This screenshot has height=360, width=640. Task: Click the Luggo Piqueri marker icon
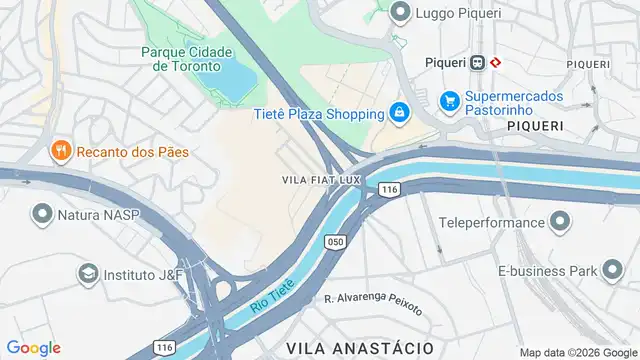point(401,13)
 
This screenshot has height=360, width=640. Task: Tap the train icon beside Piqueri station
point(478,61)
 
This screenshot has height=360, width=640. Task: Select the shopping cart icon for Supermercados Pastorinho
point(449,102)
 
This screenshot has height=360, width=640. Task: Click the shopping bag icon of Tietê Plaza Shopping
point(399,112)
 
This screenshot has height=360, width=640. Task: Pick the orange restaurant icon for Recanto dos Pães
point(61,151)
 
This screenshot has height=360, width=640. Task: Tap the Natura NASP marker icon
point(42,214)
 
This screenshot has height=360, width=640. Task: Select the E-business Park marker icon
point(611,269)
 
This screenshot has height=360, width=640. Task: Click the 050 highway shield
point(335,241)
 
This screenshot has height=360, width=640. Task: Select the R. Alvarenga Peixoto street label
point(373,304)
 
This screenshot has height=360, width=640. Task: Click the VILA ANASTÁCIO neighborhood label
point(359,346)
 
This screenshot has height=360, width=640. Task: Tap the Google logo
point(33,347)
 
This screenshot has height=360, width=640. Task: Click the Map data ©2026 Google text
point(577,352)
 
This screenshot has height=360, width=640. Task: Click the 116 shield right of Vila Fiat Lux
point(389,188)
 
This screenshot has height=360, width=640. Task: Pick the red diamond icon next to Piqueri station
point(496,61)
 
